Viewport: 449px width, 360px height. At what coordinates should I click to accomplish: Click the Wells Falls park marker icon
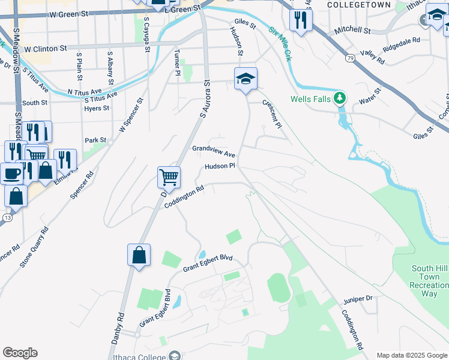pyautogui.click(x=340, y=97)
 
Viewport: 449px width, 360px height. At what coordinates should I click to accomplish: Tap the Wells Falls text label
pyautogui.click(x=310, y=99)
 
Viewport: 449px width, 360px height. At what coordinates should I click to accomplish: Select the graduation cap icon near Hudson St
pyautogui.click(x=246, y=79)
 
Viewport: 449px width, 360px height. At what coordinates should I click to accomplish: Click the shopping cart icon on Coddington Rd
pyautogui.click(x=169, y=177)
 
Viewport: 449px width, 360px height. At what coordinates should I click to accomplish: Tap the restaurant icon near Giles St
pyautogui.click(x=300, y=20)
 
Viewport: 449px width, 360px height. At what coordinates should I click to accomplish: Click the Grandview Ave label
pyautogui.click(x=213, y=151)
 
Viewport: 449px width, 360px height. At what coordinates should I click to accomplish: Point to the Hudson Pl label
pyautogui.click(x=220, y=166)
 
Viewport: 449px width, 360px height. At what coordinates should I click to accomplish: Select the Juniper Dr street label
pyautogui.click(x=359, y=298)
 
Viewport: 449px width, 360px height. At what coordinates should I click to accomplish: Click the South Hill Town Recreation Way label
pyautogui.click(x=429, y=281)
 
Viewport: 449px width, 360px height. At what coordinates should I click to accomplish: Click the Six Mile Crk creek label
pyautogui.click(x=280, y=44)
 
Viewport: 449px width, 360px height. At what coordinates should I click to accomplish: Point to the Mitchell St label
pyautogui.click(x=352, y=29)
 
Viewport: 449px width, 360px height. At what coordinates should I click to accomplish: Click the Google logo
pyautogui.click(x=20, y=353)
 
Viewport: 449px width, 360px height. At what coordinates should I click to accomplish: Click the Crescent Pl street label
pyautogui.click(x=272, y=113)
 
